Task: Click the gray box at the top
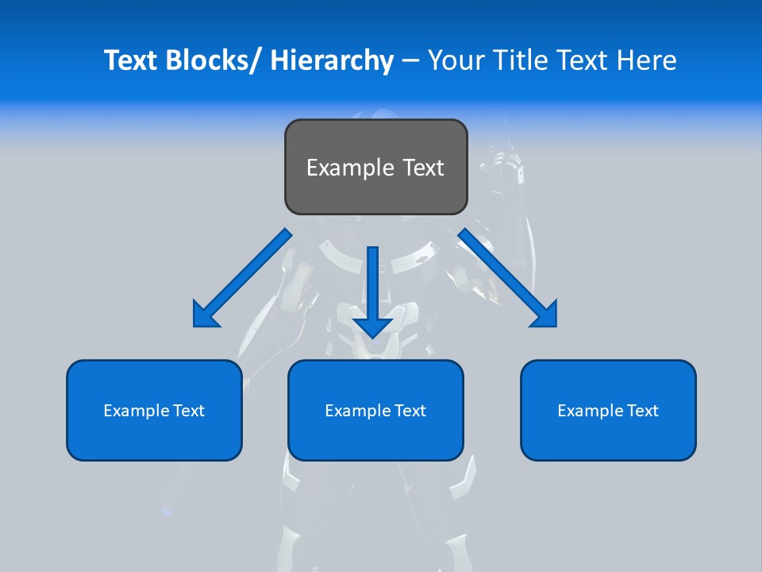click(375, 167)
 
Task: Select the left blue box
click(154, 410)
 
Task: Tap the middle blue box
click(375, 410)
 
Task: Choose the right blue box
click(608, 410)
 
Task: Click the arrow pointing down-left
click(242, 278)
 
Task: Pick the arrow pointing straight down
click(373, 290)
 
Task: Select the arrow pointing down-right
click(508, 278)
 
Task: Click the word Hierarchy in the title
click(332, 60)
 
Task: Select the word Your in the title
click(456, 60)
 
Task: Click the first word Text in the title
click(131, 60)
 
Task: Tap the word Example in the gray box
click(349, 168)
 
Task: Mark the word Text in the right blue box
click(641, 411)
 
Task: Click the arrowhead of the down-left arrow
click(204, 315)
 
